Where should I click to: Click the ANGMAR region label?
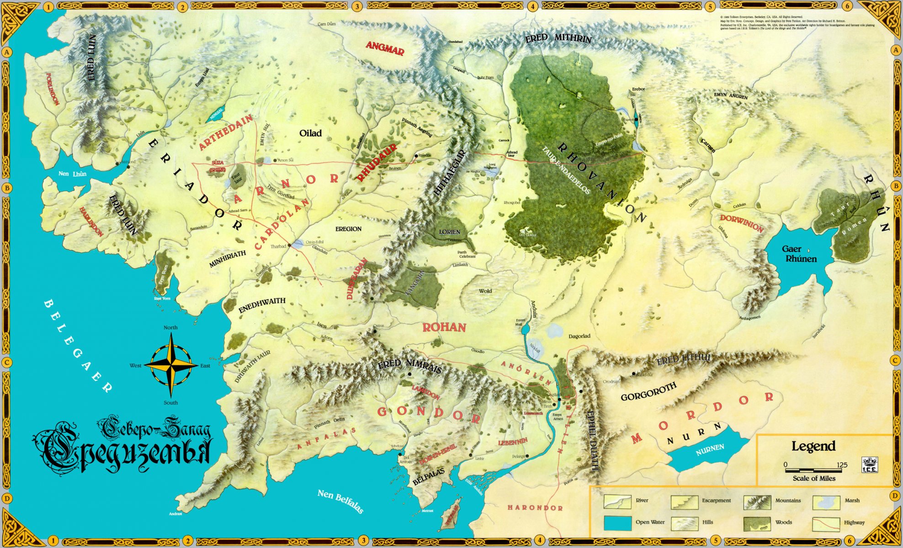pos(385,48)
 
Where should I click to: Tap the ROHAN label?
pos(444,327)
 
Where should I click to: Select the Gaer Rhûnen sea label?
pos(798,254)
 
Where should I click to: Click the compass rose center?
pos(171,365)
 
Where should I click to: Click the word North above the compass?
pos(170,327)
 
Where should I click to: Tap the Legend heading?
pos(813,446)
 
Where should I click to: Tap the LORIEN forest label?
pos(449,232)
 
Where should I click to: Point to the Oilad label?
pos(310,133)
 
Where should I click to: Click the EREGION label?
pos(348,229)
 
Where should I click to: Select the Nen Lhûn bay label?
pos(72,174)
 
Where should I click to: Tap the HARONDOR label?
pos(535,508)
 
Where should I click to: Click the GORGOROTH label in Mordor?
pos(648,392)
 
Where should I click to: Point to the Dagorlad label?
pos(579,336)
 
